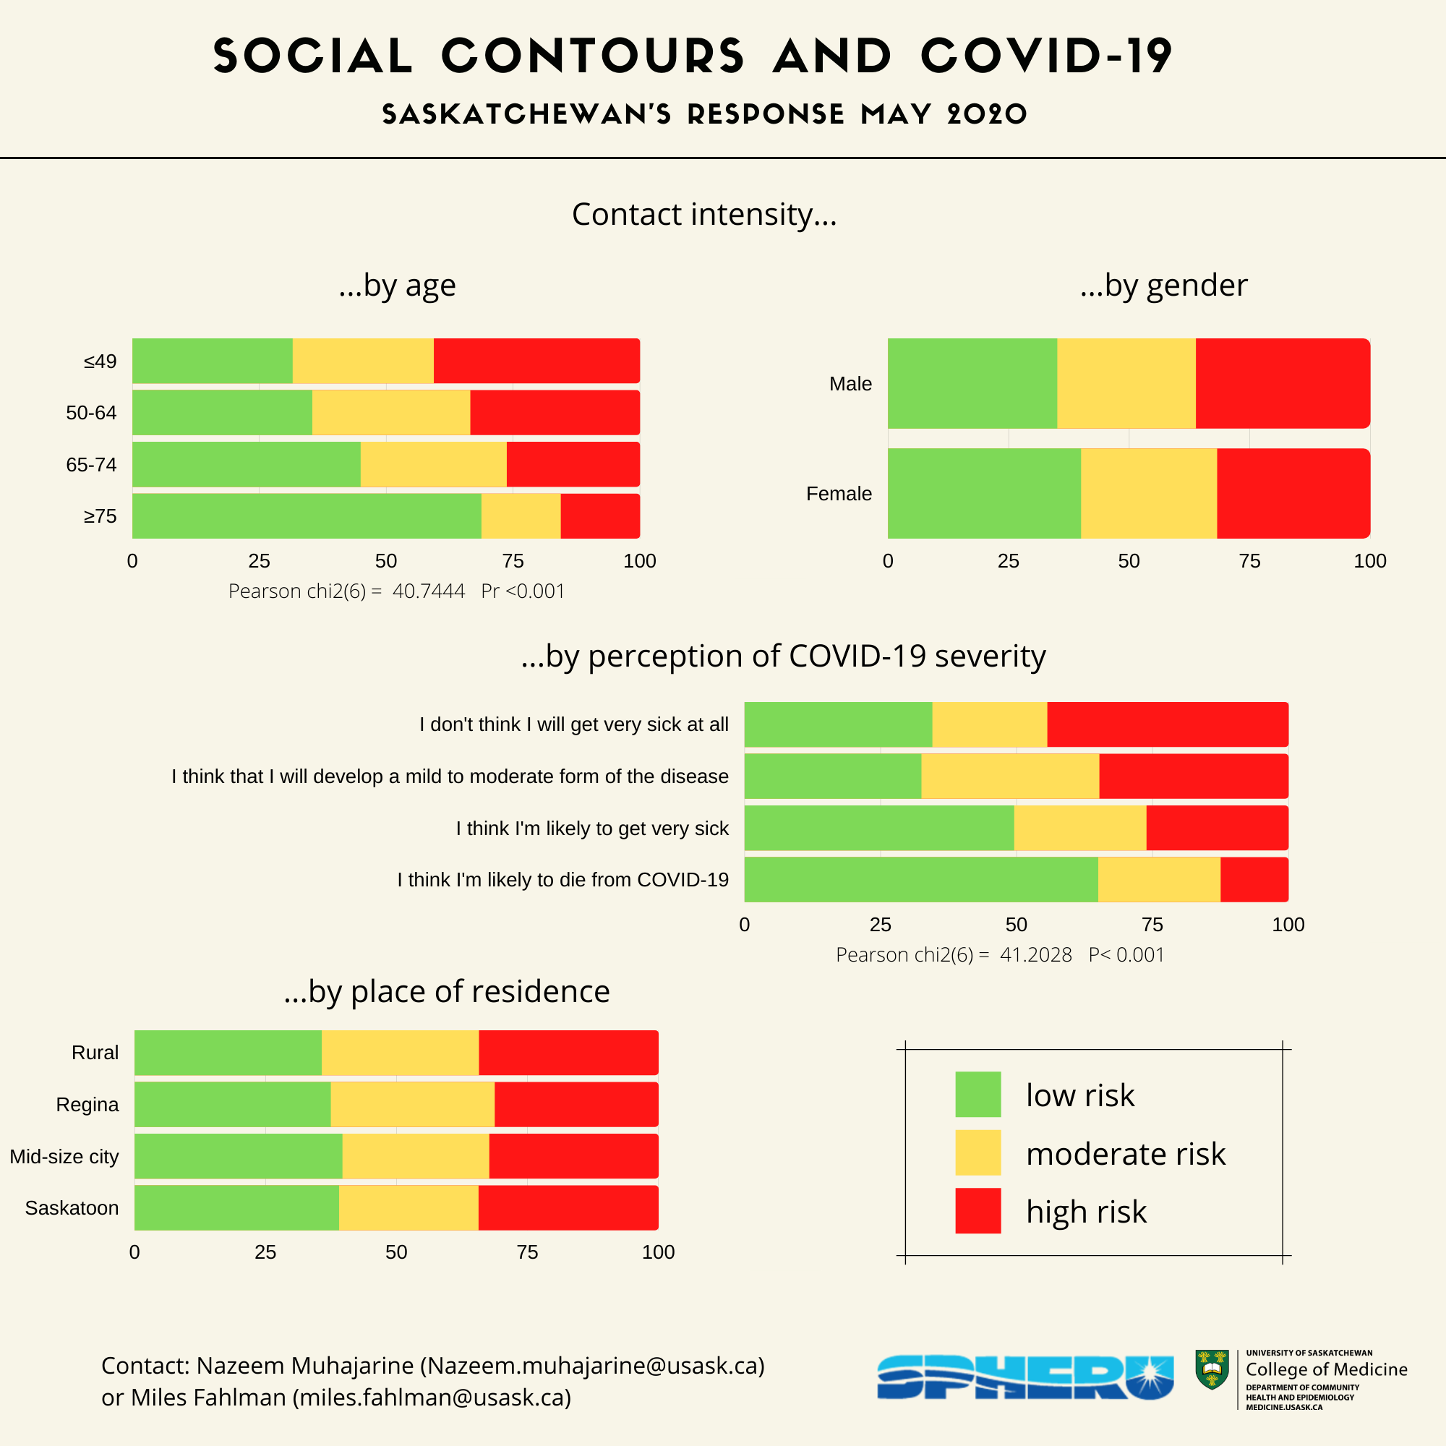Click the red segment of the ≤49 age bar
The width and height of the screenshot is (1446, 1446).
click(x=536, y=361)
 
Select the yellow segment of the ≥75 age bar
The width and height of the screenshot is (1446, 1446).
click(x=521, y=515)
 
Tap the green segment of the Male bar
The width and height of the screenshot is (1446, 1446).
click(x=972, y=383)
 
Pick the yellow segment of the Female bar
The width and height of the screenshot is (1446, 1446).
click(x=1148, y=493)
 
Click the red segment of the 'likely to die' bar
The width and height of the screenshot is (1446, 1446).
click(x=1254, y=879)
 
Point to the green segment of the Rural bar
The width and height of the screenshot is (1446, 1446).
click(x=228, y=1052)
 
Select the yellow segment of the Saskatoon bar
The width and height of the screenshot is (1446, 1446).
click(x=408, y=1207)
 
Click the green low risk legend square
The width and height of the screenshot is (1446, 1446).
click(x=977, y=1094)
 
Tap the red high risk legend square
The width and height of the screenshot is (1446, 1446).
click(x=977, y=1210)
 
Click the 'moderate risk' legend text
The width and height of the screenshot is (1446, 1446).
click(x=1125, y=1153)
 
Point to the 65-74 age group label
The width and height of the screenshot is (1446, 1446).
click(x=91, y=465)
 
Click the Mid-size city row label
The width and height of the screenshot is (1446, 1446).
click(x=64, y=1156)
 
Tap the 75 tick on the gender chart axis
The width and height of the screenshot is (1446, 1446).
click(x=1249, y=561)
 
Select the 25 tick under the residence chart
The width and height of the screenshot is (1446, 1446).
click(x=265, y=1252)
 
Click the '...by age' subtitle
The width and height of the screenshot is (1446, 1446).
click(x=397, y=285)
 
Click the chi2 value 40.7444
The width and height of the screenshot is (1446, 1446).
click(x=428, y=591)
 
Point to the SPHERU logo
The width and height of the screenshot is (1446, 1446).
click(x=1024, y=1377)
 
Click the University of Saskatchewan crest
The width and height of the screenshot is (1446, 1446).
click(x=1212, y=1369)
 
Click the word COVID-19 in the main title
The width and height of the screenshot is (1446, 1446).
click(x=1046, y=56)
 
